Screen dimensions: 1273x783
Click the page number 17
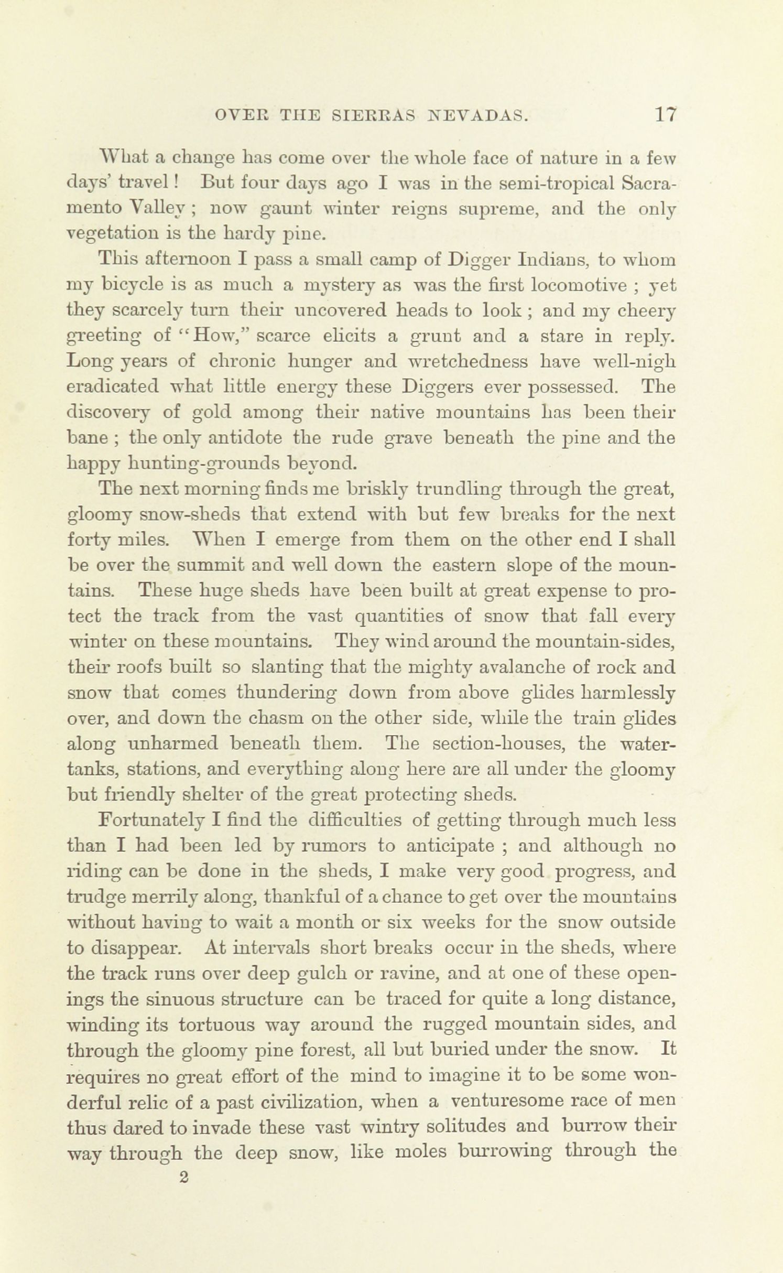665,115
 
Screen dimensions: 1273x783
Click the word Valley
157,209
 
